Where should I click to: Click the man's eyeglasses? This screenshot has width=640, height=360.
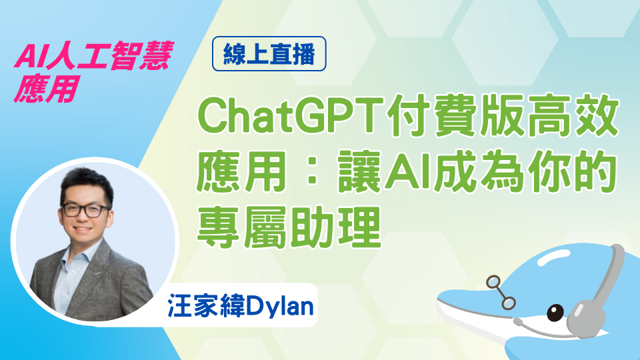point(85,210)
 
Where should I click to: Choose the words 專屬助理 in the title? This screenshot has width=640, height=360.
point(289,227)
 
